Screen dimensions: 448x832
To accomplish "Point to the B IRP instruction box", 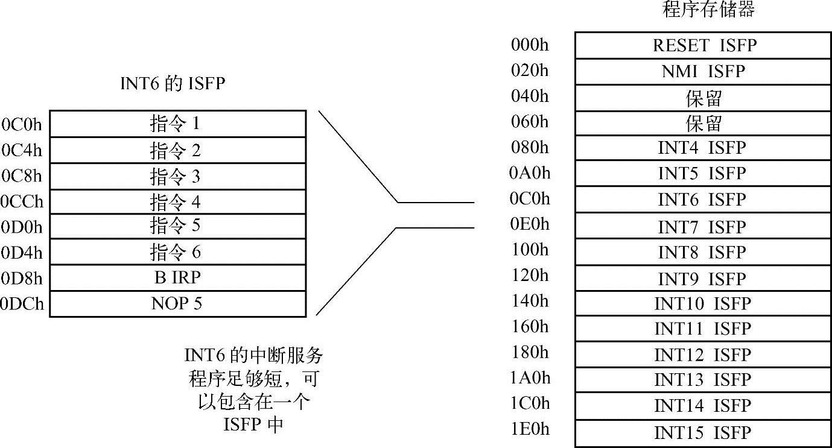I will [177, 278].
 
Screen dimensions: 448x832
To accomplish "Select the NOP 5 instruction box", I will [177, 304].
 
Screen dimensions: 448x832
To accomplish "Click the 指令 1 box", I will [177, 124].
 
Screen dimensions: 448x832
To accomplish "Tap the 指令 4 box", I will [177, 201].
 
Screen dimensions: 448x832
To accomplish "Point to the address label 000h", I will [530, 45].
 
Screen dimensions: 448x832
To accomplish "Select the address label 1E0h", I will [530, 429].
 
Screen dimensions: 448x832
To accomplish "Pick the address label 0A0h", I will [530, 173].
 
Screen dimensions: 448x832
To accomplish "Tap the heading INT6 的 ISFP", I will [173, 84].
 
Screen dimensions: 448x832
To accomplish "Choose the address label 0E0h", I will [530, 224].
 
